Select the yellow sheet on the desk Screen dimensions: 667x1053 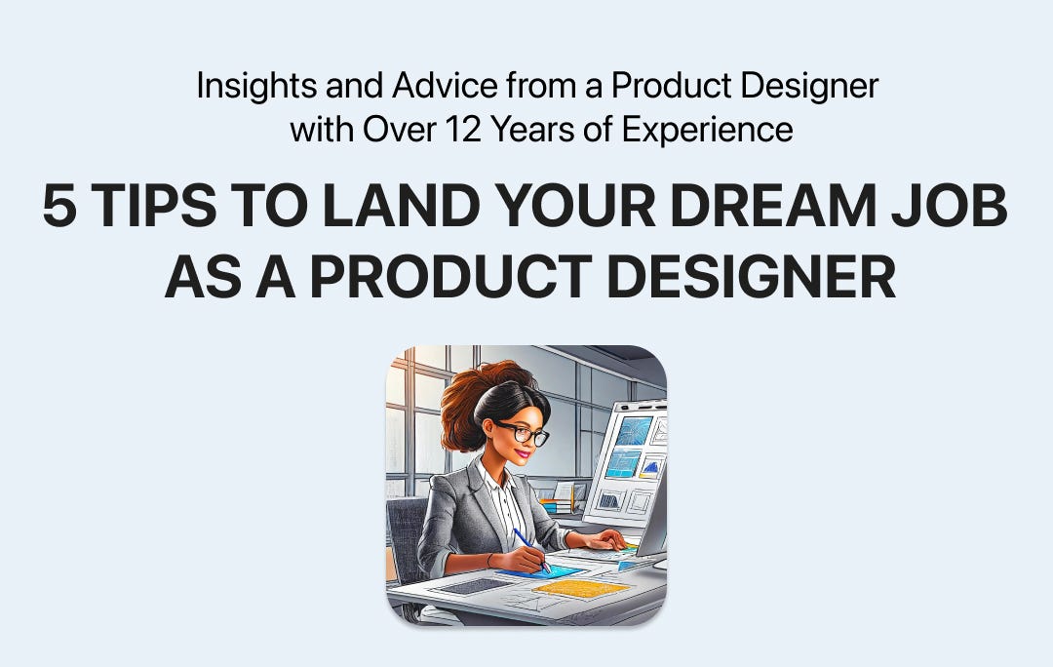(582, 588)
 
